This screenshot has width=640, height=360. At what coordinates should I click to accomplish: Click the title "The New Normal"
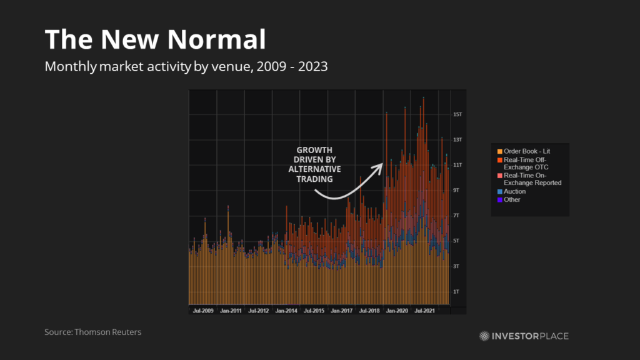click(155, 40)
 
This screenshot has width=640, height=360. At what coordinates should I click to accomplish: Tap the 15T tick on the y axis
click(457, 114)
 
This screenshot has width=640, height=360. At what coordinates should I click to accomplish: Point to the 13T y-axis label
click(457, 139)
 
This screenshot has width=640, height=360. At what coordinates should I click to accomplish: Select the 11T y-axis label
click(457, 165)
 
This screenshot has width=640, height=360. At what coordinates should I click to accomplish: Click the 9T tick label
click(457, 190)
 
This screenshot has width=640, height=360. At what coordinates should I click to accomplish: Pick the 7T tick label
click(457, 216)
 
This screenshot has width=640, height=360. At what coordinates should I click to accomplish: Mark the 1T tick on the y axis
click(457, 291)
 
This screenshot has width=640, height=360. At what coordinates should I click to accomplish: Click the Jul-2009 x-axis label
click(203, 310)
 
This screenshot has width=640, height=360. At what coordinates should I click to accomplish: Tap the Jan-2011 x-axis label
click(231, 310)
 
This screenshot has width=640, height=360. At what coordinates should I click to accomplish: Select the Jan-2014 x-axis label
click(286, 310)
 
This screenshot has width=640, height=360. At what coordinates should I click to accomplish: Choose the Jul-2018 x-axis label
click(368, 310)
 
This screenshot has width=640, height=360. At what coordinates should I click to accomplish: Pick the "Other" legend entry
click(512, 199)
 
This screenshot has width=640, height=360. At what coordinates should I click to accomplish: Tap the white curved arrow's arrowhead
click(379, 166)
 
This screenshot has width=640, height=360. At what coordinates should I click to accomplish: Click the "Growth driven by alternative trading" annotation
click(314, 164)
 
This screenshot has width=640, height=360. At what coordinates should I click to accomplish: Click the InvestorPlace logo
click(524, 336)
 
